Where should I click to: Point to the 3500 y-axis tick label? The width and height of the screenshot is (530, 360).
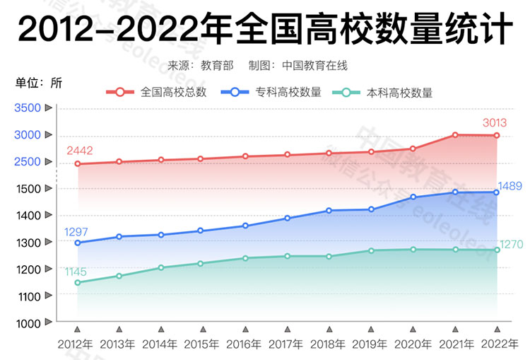click(28, 108)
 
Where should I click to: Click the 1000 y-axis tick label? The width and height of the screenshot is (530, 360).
click(28, 323)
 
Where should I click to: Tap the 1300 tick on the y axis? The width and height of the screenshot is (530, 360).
click(28, 243)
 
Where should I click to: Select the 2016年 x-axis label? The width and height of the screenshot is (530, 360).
click(245, 344)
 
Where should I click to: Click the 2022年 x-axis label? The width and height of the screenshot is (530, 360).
click(497, 344)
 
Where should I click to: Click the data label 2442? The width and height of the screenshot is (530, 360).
click(80, 151)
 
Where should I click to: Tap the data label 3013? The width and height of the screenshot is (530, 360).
click(495, 123)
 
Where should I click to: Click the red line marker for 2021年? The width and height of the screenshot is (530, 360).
click(455, 135)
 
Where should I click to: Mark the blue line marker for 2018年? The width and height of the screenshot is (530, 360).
click(329, 210)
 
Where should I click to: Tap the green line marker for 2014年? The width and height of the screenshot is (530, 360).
click(161, 267)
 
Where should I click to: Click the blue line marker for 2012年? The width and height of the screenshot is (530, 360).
click(77, 243)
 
